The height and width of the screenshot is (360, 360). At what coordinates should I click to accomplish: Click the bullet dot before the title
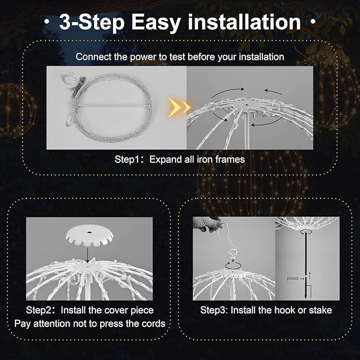(x=48, y=23)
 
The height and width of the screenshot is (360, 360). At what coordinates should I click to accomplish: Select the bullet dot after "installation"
(x=313, y=23)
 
